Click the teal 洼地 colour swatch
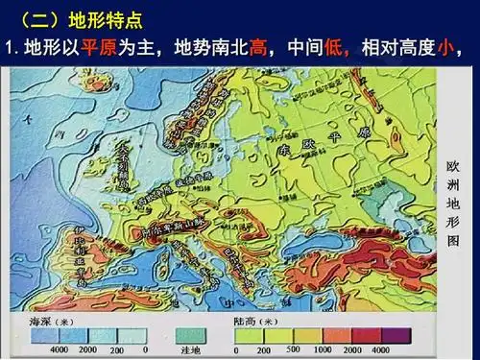click(x=192, y=335)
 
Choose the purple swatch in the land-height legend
click(x=396, y=335)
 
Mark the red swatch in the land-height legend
click(x=367, y=335)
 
